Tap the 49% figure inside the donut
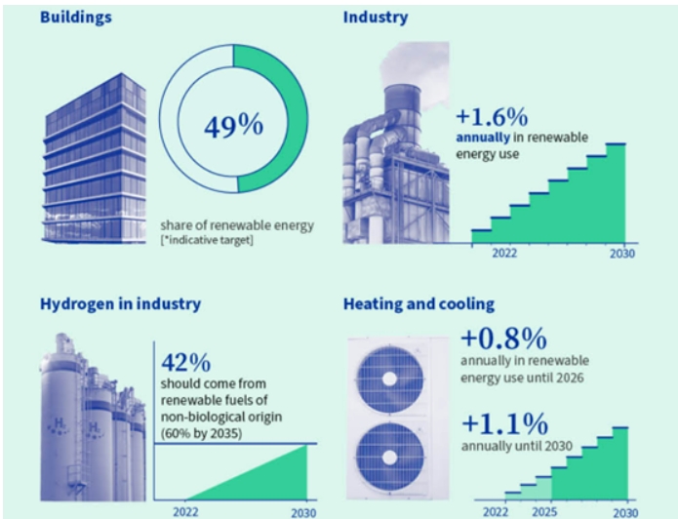tap(233, 126)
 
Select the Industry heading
tap(376, 18)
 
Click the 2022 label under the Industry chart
tap(504, 254)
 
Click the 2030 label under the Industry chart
tap(622, 254)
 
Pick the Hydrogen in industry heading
tap(120, 303)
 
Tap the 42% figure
tap(185, 363)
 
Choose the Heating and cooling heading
tap(419, 304)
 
